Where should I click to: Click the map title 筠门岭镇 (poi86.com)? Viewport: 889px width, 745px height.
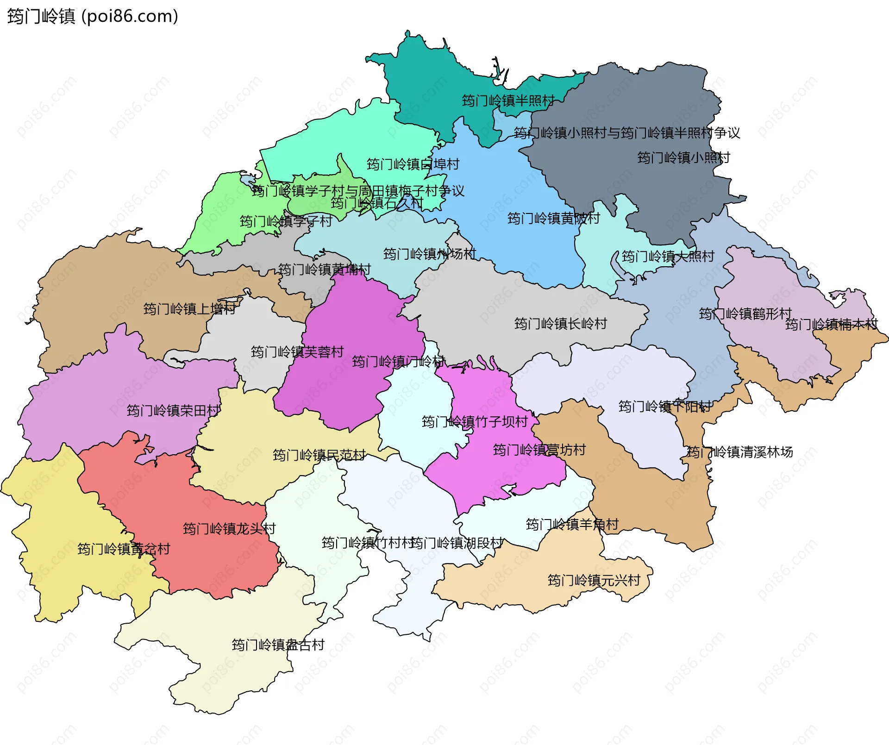click(93, 17)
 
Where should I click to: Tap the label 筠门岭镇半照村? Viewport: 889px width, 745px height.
click(508, 100)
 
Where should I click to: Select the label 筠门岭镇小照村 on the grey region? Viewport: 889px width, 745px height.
click(683, 158)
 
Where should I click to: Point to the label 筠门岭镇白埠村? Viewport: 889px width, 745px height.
click(413, 164)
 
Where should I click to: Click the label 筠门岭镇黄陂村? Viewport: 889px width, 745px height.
click(553, 218)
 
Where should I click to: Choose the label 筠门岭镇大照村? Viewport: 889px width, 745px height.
click(668, 257)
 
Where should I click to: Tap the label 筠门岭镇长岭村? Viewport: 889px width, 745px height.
click(560, 324)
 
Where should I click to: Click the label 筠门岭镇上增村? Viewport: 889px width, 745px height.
click(189, 309)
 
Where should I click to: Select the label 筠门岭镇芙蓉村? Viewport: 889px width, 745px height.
click(297, 352)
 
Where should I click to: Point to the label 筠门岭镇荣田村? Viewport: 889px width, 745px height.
click(173, 410)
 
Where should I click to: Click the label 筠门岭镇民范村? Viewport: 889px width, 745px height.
click(319, 455)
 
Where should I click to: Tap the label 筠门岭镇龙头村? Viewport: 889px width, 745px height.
click(229, 528)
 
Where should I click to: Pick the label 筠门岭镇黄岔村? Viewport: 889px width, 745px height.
click(124, 549)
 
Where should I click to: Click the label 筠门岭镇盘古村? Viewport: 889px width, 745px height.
click(278, 645)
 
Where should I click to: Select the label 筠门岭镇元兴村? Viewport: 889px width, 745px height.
click(594, 580)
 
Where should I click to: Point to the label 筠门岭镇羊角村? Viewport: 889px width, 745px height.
click(572, 525)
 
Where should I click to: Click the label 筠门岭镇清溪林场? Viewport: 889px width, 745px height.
click(739, 452)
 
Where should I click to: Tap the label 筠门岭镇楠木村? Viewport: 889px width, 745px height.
click(831, 325)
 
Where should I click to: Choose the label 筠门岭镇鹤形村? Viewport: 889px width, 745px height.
click(745, 314)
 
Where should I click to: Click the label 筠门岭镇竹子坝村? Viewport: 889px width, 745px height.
click(475, 422)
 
